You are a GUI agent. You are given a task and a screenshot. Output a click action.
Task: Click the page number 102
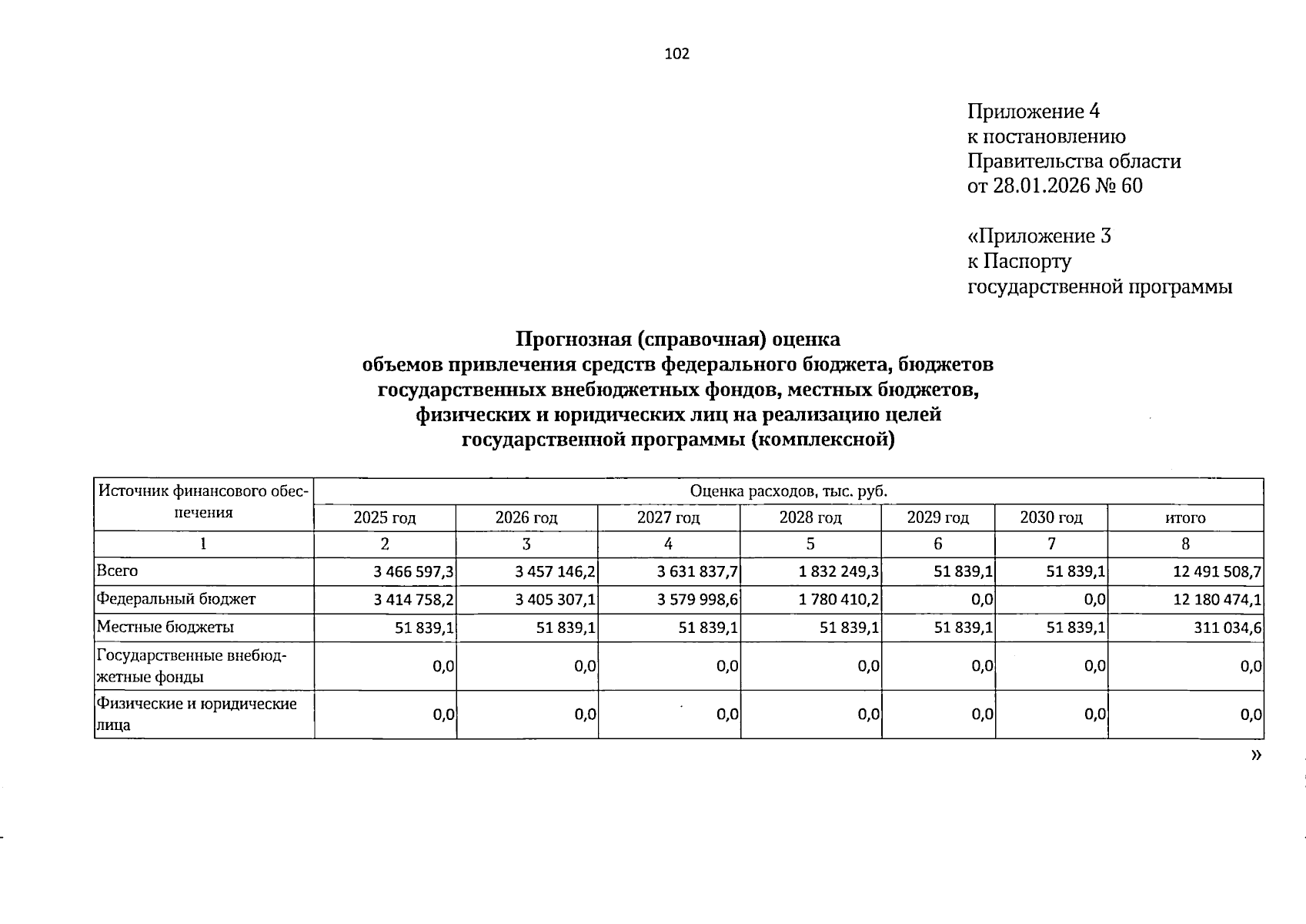pos(676,54)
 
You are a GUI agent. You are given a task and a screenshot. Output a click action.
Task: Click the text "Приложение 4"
pos(1033,112)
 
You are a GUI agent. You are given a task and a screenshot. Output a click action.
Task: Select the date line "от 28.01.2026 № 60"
pos(1054,186)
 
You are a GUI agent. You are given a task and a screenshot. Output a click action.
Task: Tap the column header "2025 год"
pos(385,518)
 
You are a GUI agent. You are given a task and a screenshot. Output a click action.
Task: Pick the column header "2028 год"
pos(810,518)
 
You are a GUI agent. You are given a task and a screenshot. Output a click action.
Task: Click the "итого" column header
pos(1185,518)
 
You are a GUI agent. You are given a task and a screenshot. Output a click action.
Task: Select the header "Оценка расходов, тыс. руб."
pos(789,491)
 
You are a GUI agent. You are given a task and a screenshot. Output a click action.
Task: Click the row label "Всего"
pos(117,571)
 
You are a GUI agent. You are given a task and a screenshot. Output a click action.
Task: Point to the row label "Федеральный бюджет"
pos(175,599)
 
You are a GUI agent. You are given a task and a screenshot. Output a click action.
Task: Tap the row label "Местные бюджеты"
pos(165,628)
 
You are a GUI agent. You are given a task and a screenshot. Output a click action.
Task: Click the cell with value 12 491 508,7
pos(1217,572)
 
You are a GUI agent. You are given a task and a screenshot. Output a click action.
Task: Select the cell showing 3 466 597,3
pos(413,572)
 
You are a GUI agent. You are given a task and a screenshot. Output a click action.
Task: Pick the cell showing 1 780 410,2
pos(840,600)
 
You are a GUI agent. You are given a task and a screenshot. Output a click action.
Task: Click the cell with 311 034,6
pos(1228,628)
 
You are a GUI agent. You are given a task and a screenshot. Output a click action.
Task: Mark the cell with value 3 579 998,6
pos(698,600)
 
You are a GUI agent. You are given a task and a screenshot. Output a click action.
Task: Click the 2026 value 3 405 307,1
pos(556,600)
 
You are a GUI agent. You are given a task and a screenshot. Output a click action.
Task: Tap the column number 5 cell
pos(810,544)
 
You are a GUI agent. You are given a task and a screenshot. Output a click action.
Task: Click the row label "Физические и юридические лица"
pos(196,714)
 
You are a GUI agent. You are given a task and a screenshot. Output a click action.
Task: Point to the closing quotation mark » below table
pos(1256,755)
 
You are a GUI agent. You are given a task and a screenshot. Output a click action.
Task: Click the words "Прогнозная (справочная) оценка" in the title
pos(677,340)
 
